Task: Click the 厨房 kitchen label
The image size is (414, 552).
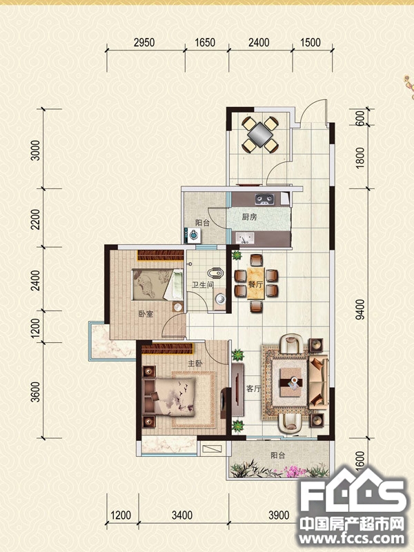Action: (249, 217)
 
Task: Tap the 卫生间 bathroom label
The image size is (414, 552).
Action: (202, 284)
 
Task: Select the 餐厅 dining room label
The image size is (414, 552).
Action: (255, 284)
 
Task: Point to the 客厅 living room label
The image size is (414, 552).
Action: (253, 388)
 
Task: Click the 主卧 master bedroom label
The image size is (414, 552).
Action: (195, 364)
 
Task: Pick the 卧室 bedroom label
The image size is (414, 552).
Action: (146, 314)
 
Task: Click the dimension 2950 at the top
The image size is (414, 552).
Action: (144, 43)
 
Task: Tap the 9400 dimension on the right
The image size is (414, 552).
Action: (360, 309)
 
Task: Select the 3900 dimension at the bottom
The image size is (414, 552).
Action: (279, 515)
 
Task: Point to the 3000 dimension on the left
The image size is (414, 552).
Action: (36, 150)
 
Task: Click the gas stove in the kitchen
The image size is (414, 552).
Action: (264, 199)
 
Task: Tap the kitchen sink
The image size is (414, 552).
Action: (245, 238)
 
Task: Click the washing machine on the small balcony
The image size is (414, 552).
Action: (193, 235)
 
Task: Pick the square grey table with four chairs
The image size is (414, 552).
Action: (260, 135)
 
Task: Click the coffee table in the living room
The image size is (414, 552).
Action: (290, 382)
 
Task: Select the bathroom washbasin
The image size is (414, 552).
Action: (220, 299)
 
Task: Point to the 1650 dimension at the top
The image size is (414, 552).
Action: (205, 43)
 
